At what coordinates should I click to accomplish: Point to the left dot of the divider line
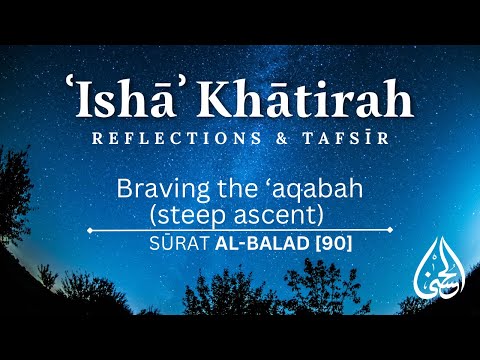click(x=91, y=230)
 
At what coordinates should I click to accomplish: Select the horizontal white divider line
click(x=240, y=230)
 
